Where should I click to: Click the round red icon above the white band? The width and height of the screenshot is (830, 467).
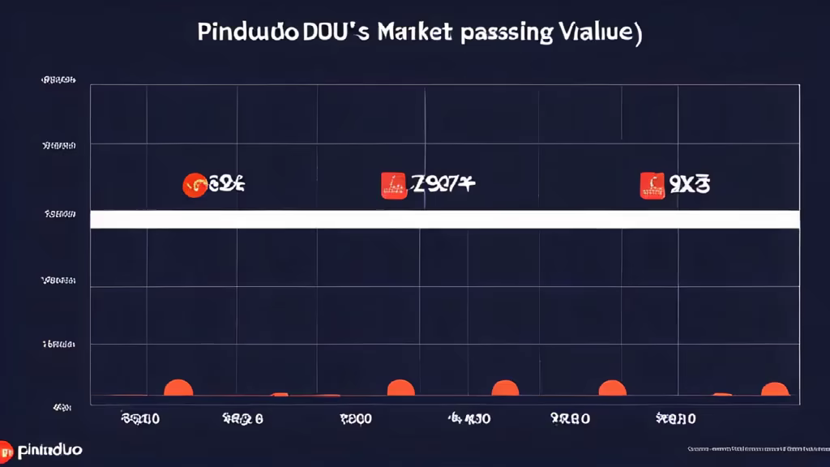tap(194, 185)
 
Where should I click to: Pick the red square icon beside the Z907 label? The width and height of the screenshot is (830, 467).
tap(394, 185)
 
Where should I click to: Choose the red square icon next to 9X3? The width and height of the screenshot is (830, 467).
tap(652, 185)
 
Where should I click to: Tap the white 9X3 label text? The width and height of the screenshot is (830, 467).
tap(689, 185)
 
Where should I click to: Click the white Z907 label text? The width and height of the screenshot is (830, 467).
tap(443, 185)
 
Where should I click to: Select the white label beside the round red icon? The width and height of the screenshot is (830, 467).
tap(226, 185)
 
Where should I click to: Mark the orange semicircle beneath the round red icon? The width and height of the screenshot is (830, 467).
tap(178, 388)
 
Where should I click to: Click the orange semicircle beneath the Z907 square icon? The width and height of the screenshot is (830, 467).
tap(400, 388)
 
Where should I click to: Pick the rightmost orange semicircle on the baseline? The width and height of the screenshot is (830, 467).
tap(775, 390)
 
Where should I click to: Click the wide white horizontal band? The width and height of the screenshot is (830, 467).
tap(444, 219)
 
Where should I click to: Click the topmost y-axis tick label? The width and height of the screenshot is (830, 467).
tap(58, 81)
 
